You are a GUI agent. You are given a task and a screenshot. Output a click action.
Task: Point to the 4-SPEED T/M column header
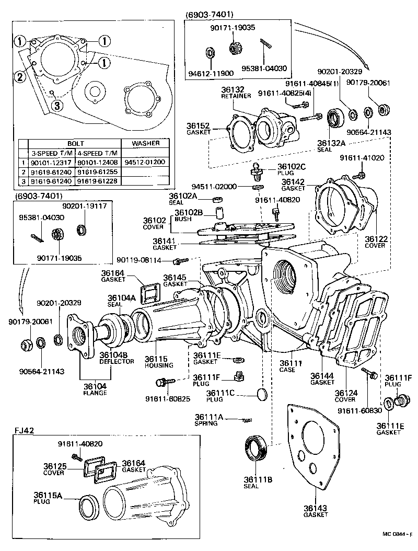click(x=98, y=153)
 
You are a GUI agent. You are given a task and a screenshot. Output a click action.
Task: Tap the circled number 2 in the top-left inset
click(x=19, y=77)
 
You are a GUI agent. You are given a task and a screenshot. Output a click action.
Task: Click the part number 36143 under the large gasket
click(x=316, y=508)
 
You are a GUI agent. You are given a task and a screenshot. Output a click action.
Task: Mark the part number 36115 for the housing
click(x=155, y=359)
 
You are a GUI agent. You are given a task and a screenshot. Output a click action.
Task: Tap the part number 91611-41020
click(x=362, y=157)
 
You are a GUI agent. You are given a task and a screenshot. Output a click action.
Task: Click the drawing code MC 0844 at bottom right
click(x=396, y=534)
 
